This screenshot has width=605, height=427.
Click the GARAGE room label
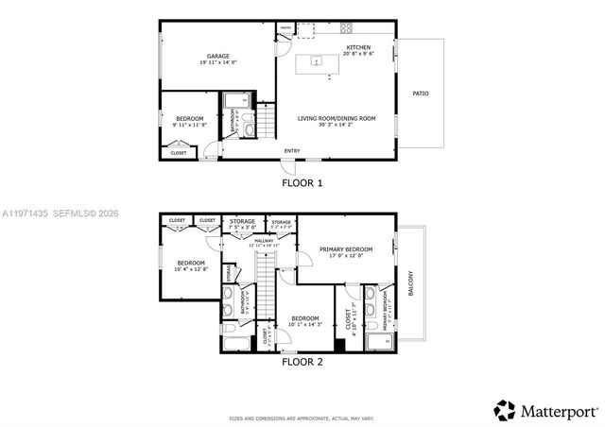218,56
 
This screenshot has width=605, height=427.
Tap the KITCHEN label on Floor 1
358,48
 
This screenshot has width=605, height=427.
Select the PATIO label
420,94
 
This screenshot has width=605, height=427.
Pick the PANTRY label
285,28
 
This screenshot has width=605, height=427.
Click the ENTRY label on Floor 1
293,150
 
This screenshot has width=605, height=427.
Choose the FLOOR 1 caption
302,182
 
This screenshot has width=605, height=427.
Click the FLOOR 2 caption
302,361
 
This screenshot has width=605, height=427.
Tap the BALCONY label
410,284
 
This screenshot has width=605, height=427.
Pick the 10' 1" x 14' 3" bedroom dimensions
305,325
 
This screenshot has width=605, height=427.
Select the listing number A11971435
25,213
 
